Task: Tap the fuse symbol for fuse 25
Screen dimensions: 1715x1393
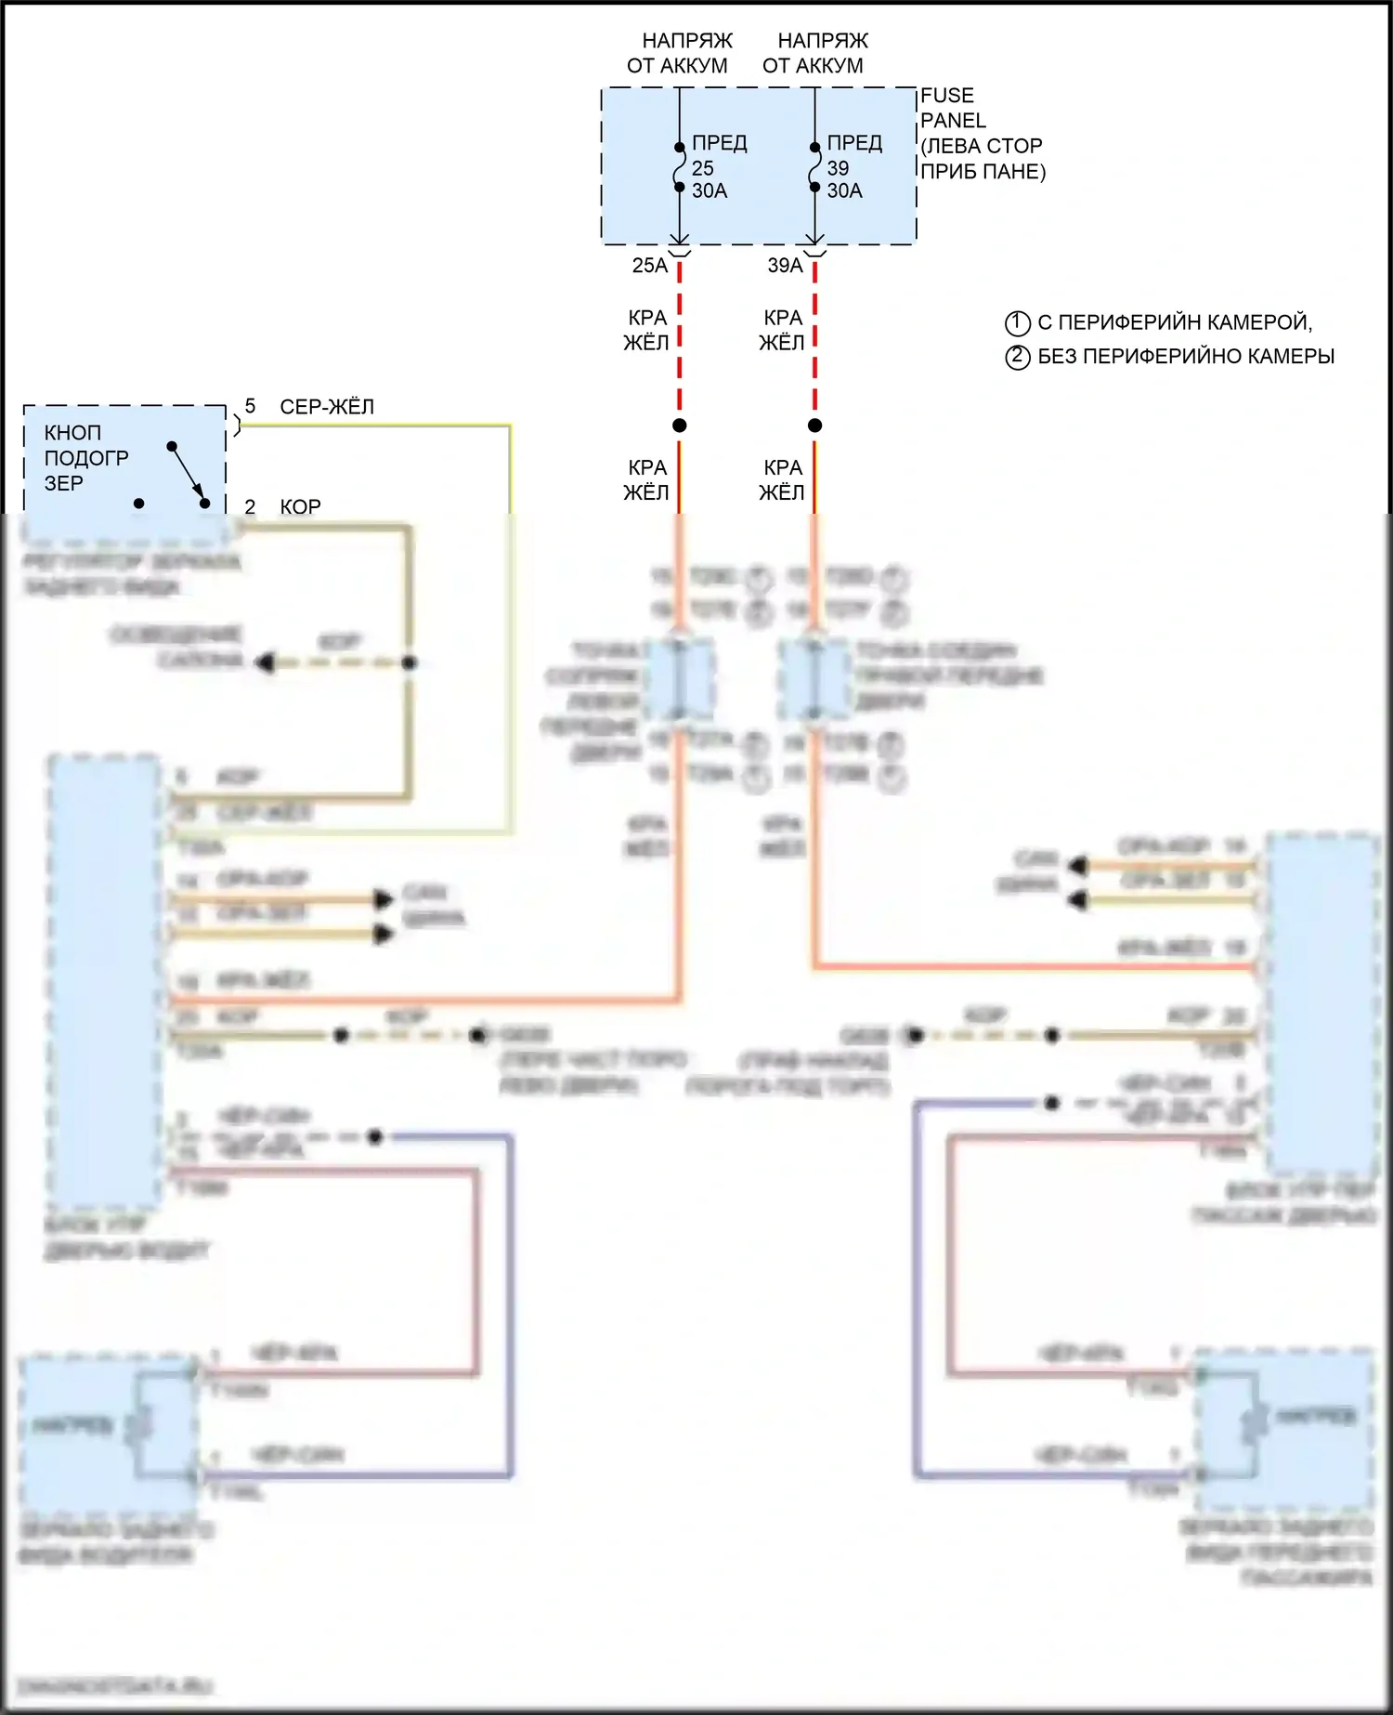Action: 679,167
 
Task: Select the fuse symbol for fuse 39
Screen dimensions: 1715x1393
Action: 814,167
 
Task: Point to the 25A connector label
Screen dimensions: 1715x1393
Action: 649,266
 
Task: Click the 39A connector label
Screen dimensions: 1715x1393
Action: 785,266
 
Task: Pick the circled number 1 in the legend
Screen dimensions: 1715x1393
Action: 1018,323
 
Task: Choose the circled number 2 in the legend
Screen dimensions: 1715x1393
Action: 1018,357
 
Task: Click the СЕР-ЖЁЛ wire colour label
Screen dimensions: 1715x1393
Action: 327,407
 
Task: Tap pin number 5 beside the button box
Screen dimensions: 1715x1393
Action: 250,406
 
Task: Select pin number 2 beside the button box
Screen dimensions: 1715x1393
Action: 250,506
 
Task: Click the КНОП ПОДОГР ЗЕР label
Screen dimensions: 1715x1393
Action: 85,458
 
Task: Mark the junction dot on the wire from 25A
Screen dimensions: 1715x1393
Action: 680,425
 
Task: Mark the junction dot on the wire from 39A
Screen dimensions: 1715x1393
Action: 814,425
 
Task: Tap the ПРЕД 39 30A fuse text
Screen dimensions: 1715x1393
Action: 853,167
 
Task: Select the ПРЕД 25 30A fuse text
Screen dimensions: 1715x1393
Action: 718,167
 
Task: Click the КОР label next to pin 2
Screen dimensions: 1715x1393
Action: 300,507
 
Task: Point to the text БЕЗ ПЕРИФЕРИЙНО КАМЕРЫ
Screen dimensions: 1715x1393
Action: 1186,357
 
